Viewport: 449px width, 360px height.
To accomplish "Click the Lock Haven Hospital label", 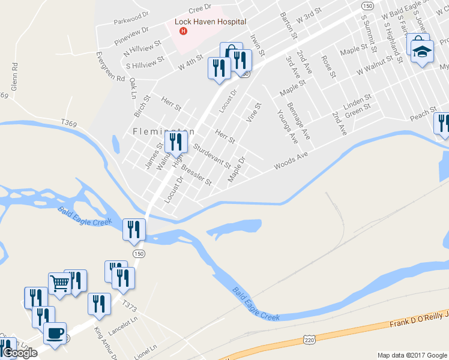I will [x=210, y=22].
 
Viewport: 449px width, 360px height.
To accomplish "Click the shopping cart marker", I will [x=59, y=283].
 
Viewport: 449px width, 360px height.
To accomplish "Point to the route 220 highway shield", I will [x=309, y=341].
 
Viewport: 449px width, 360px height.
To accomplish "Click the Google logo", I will [x=20, y=353].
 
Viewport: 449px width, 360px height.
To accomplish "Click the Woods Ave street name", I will [x=291, y=160].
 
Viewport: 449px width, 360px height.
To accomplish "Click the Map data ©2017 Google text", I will [x=412, y=355].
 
